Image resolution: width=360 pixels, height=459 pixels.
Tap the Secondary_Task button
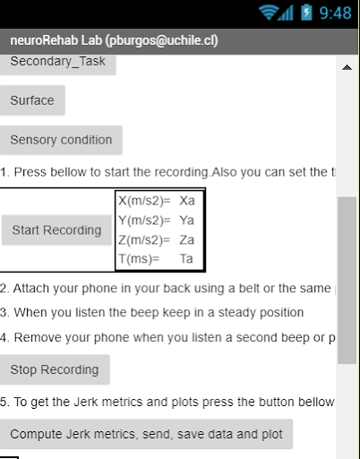coord(57,63)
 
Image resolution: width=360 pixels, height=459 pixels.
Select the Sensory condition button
coord(61,140)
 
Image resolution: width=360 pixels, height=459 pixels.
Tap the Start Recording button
coord(56,230)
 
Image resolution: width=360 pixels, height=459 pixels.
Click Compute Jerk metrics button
coord(146,434)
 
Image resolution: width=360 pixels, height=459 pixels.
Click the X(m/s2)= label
coord(144,201)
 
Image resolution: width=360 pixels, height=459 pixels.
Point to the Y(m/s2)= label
coord(144,221)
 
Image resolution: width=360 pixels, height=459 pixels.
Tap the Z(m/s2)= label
coord(144,239)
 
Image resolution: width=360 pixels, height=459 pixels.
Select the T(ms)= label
coord(139,259)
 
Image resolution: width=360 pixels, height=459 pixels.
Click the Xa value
coord(186,201)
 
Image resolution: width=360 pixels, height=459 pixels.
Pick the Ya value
coord(186,221)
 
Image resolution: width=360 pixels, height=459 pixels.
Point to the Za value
coord(186,239)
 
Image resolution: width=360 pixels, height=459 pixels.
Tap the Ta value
coord(186,259)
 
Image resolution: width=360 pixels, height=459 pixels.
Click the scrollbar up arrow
coord(347,68)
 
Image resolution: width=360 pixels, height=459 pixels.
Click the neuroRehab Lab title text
coord(115,40)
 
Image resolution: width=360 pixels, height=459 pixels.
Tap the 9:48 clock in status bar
coord(335,13)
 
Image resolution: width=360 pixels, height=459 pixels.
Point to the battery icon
coord(306,13)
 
